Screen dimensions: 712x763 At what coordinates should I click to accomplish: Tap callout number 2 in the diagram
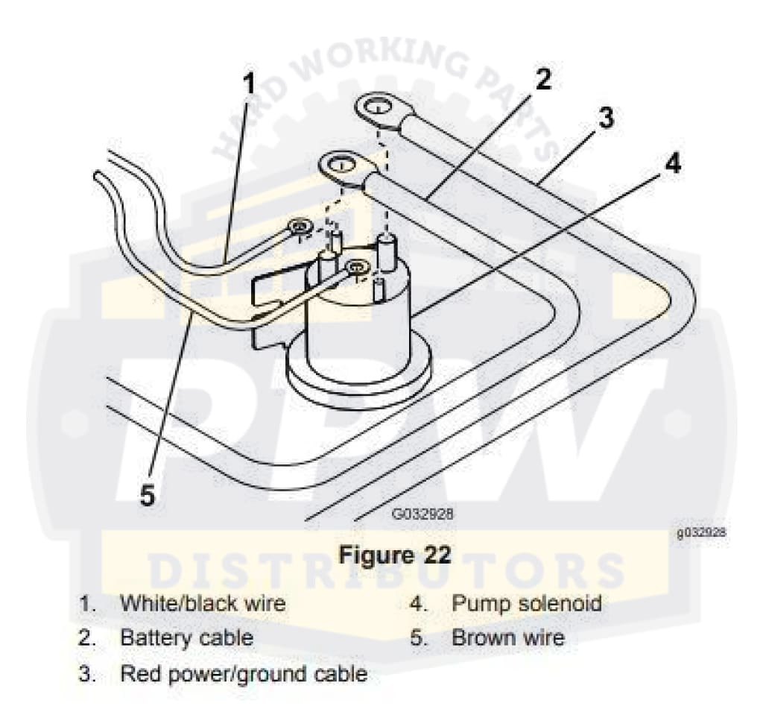coord(543,79)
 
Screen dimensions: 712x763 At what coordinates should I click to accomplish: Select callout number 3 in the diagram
coord(607,117)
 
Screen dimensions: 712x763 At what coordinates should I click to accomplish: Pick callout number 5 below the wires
coord(148,495)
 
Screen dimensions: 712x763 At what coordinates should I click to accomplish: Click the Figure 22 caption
coord(396,555)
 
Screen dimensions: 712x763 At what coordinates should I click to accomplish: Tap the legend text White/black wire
coord(203,603)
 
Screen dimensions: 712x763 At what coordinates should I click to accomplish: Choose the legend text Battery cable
coord(186,638)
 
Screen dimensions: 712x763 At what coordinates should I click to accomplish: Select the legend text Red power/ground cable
coord(244,674)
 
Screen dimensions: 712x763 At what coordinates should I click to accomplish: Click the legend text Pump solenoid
coord(526,603)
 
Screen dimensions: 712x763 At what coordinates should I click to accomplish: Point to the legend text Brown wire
coord(507,638)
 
